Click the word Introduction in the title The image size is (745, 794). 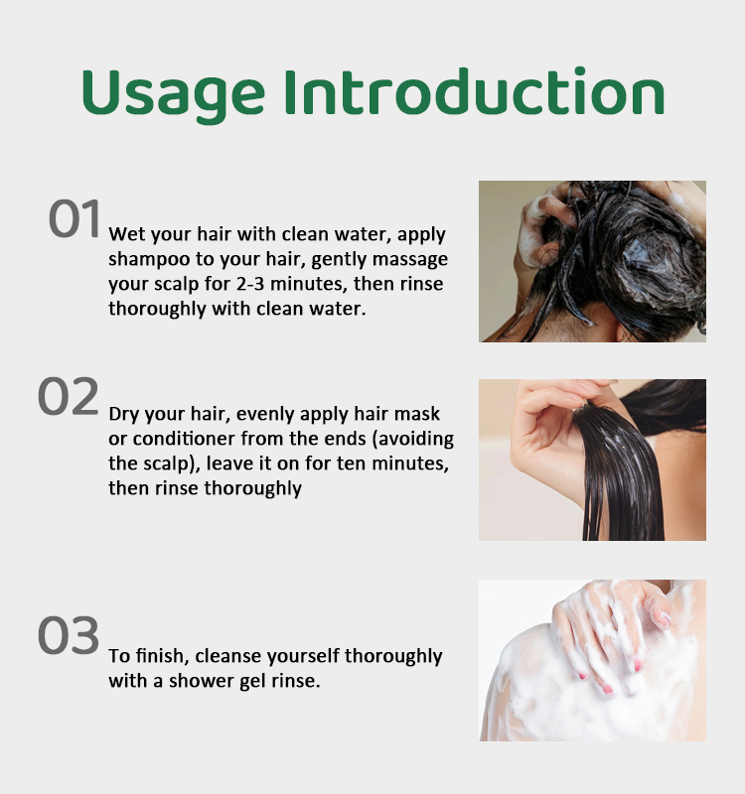[x=474, y=91]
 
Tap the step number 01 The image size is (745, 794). [x=74, y=218]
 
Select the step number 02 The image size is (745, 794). [x=68, y=396]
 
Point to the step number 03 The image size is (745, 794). [x=69, y=635]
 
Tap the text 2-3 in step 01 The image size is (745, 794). [x=250, y=284]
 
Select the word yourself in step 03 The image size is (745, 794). [x=304, y=656]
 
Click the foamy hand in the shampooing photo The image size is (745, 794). [x=542, y=229]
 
